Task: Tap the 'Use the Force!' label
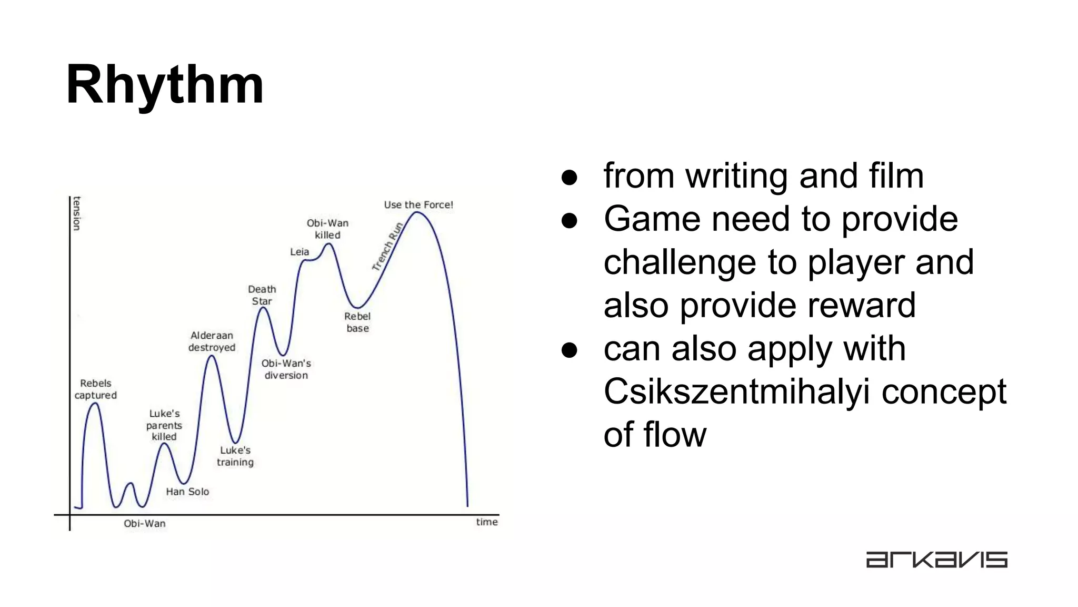(418, 205)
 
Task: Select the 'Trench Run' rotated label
(387, 247)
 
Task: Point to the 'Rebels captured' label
(95, 389)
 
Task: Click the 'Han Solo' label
(187, 492)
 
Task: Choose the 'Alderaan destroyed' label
(212, 341)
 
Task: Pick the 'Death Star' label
(262, 295)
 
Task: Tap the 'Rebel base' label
(357, 322)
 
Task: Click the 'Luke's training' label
(235, 456)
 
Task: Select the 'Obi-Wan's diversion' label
(286, 369)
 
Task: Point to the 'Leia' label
(300, 252)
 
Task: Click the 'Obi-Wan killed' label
(327, 229)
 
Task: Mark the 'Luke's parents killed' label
(164, 425)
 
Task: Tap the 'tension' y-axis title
(77, 213)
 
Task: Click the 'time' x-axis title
(487, 522)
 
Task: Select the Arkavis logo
(936, 560)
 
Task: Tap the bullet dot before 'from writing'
(570, 177)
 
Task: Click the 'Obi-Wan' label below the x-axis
(144, 524)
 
